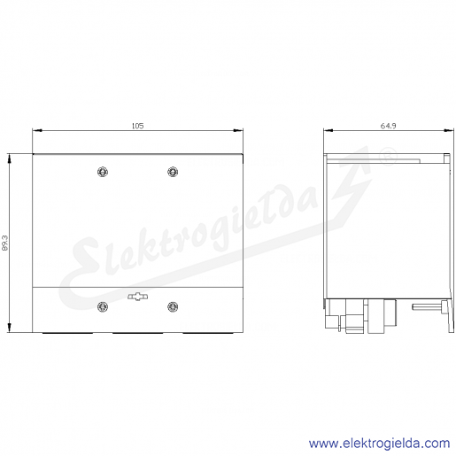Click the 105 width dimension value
[137, 126]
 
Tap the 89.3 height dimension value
[5, 243]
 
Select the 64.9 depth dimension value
[388, 126]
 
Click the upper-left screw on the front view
[103, 172]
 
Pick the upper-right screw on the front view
[173, 172]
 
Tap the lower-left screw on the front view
[103, 306]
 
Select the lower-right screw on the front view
[173, 306]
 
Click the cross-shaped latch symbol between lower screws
[138, 297]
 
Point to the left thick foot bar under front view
[67, 333]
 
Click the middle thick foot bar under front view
[138, 333]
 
